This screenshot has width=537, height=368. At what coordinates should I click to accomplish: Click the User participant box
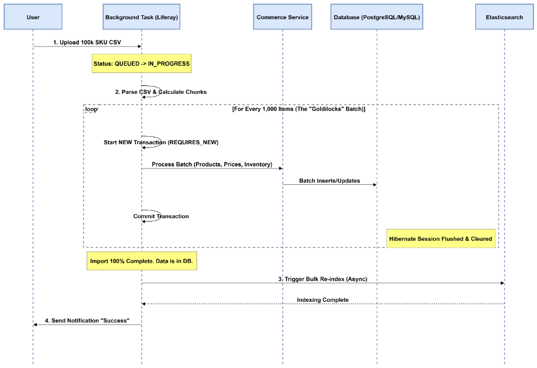pos(33,18)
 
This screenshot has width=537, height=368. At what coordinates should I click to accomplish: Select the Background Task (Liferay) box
pos(141,18)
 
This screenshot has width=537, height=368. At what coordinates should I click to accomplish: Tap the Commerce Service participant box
pos(283,18)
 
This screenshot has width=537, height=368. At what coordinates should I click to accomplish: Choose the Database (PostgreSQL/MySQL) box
pos(377,18)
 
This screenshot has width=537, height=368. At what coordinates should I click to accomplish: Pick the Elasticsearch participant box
pos(504,18)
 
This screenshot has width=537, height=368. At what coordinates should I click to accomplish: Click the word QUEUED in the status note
pos(126,64)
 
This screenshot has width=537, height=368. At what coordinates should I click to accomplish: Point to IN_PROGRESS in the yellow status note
pos(169,64)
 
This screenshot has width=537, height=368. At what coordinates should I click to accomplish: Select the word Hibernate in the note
pos(403,239)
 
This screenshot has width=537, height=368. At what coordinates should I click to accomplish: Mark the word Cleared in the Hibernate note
pos(481,239)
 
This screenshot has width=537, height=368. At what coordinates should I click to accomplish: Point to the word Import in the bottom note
pos(99,262)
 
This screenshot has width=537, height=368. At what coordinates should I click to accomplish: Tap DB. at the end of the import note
pos(188,262)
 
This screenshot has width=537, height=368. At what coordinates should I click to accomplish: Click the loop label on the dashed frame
pos(91,109)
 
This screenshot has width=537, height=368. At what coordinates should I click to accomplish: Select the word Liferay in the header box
pos(165,18)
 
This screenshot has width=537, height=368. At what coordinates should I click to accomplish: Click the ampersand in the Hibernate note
pos(467,239)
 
